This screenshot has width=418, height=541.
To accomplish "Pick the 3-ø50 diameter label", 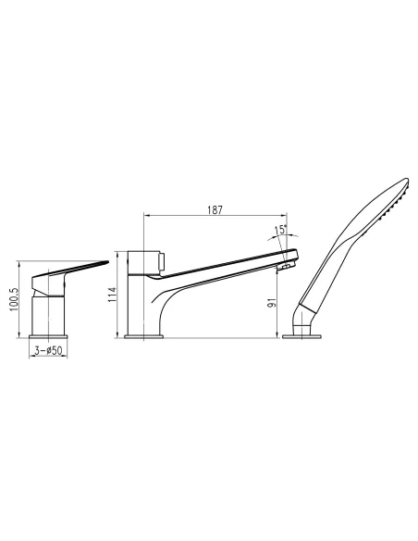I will point(47,351).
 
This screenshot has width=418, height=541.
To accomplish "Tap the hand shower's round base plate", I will point(304,337).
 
